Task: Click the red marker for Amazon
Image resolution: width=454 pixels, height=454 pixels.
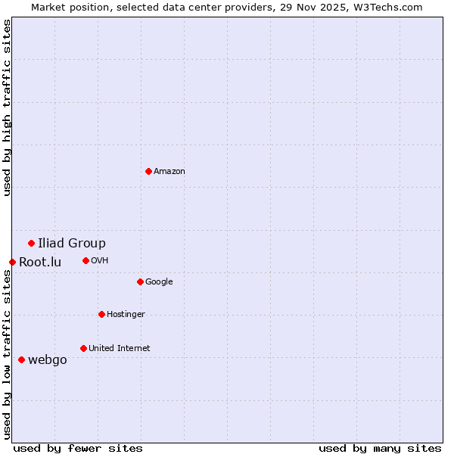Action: (148, 171)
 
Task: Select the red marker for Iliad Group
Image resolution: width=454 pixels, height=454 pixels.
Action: (31, 243)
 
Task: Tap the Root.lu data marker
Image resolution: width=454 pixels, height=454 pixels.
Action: (12, 262)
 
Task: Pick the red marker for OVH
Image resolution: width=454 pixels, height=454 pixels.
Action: (86, 260)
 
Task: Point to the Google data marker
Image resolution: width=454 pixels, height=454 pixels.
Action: (140, 281)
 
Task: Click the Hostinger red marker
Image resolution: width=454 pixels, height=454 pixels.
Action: (101, 314)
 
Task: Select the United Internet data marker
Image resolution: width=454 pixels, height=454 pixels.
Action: (83, 348)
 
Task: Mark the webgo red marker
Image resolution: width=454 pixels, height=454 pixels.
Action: (21, 359)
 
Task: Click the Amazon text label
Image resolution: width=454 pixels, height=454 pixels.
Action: (169, 171)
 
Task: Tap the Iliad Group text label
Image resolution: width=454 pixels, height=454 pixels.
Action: (72, 243)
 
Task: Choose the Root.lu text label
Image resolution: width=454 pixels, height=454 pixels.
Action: (40, 262)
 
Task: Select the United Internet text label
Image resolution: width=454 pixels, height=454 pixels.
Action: (120, 348)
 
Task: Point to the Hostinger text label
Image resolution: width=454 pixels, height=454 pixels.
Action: (126, 314)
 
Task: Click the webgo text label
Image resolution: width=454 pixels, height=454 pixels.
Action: (48, 359)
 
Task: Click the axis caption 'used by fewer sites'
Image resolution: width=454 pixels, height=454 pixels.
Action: (78, 448)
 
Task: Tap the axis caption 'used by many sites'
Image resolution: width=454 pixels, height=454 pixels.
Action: (380, 448)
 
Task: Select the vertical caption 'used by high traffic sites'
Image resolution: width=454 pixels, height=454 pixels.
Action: (7, 107)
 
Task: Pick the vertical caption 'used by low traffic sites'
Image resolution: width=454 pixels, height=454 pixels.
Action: (7, 354)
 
